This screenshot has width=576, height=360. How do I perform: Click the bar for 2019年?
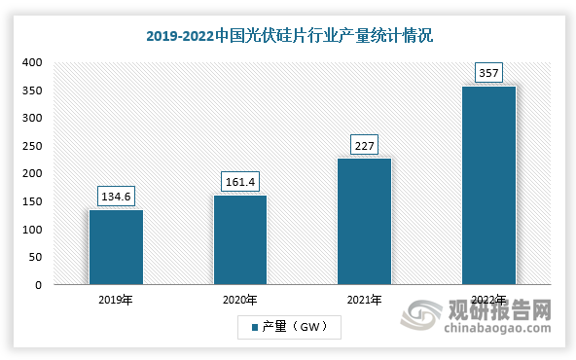[x=115, y=247]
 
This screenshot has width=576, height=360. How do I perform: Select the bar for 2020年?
[x=239, y=240]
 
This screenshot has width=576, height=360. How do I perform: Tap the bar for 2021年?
[x=364, y=222]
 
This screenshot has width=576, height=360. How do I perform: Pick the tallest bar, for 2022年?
[x=488, y=186]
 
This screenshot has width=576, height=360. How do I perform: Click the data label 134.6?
[x=115, y=197]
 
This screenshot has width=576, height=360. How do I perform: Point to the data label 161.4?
[x=239, y=182]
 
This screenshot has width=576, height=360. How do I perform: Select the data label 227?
[x=364, y=145]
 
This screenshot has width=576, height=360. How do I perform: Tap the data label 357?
[x=488, y=73]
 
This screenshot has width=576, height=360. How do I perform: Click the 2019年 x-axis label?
[x=115, y=301]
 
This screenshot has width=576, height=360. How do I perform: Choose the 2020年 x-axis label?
[x=239, y=301]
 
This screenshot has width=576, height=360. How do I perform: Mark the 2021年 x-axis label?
[x=364, y=301]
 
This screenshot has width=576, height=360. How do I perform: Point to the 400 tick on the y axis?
[x=31, y=62]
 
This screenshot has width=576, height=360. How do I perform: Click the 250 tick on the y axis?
[x=31, y=146]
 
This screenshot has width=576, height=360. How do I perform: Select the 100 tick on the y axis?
[x=31, y=230]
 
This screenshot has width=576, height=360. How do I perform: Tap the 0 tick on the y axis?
[x=37, y=285]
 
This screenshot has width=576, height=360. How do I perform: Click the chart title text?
[x=289, y=36]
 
